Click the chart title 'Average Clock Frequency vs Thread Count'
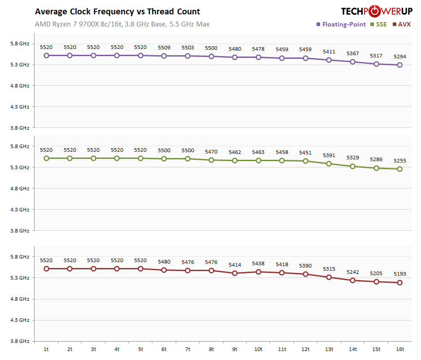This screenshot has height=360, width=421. click(117, 12)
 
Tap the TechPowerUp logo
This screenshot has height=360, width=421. click(376, 11)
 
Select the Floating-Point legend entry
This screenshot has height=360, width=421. click(343, 24)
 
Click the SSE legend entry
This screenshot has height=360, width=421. click(380, 24)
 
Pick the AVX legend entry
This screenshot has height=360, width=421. click(404, 24)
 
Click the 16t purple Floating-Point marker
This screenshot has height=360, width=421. click(399, 65)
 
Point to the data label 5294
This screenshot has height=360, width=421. click(399, 57)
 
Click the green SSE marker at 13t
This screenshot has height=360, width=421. click(329, 164)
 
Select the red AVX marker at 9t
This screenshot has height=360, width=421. click(234, 273)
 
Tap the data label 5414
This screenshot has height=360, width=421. click(234, 265)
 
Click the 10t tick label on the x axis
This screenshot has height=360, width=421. click(258, 349)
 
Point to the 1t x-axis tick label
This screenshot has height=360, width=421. click(46, 349)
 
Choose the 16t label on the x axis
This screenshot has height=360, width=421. click(399, 349)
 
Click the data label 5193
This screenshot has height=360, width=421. click(399, 274)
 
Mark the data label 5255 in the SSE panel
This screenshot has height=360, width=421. click(399, 160)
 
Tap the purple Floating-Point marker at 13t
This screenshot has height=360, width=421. click(329, 60)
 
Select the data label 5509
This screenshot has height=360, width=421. click(164, 47)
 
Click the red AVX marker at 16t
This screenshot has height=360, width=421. click(399, 283)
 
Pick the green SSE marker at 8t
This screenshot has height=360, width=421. click(211, 160)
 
